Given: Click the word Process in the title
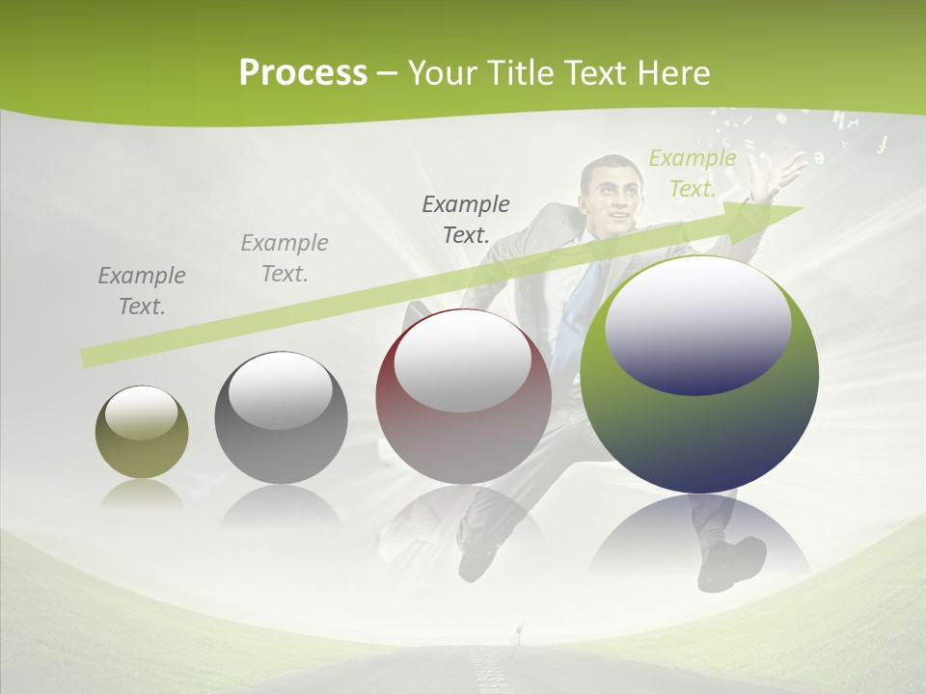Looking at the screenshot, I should point(303,73).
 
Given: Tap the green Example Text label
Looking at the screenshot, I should point(692,173).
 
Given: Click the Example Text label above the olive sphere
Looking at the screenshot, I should point(142,291).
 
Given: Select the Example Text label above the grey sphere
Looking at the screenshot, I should point(285,258).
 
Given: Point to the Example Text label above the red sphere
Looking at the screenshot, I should point(466,219).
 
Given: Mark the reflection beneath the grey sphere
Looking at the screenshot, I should point(281,506).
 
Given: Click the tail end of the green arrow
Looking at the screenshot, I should point(89,358).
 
